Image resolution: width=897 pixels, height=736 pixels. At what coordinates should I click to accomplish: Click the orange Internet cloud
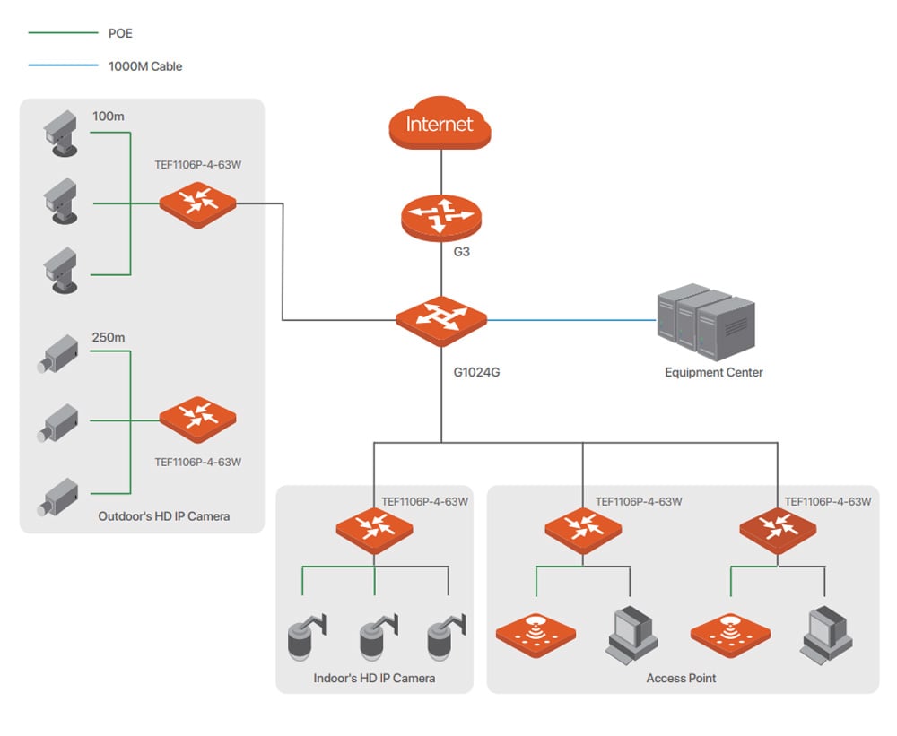click(x=440, y=126)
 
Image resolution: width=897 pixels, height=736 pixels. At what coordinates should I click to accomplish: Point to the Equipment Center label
click(x=713, y=372)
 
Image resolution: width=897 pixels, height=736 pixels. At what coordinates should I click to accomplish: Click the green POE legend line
click(x=63, y=33)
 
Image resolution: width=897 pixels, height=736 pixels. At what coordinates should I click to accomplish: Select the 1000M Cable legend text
click(x=145, y=65)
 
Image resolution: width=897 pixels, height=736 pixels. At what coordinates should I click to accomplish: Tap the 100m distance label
click(x=109, y=117)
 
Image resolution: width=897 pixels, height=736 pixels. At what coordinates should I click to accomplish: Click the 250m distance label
click(x=109, y=338)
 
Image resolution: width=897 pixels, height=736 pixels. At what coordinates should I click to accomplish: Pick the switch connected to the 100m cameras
click(x=197, y=203)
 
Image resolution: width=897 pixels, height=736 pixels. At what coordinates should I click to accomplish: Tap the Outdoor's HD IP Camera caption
click(x=164, y=515)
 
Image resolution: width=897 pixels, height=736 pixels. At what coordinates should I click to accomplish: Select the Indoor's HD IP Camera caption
click(x=374, y=678)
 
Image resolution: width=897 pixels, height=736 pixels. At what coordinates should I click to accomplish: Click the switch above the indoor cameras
click(x=374, y=530)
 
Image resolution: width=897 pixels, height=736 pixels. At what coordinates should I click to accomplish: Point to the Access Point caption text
click(x=681, y=678)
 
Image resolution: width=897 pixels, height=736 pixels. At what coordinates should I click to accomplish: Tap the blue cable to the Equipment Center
click(x=570, y=319)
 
